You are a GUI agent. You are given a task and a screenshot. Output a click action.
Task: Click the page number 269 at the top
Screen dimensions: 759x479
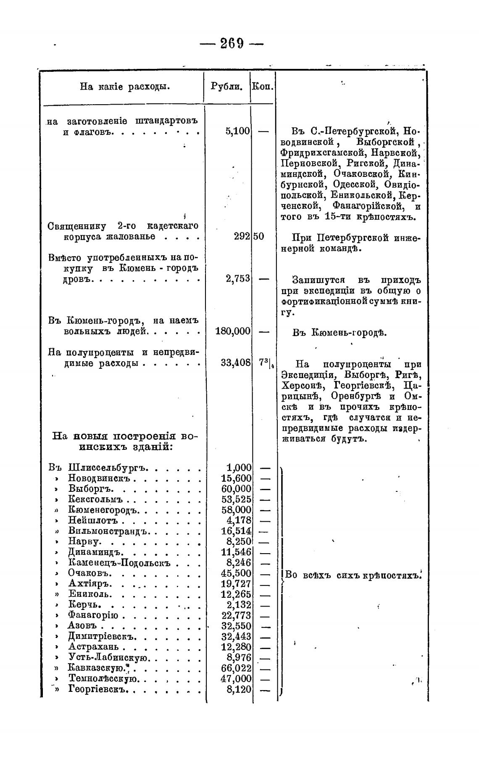232,43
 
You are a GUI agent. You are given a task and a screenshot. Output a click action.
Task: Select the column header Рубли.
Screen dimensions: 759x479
226,87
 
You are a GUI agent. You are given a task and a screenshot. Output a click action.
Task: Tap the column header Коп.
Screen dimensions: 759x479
263,87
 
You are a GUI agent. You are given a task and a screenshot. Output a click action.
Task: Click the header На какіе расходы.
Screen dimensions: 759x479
125,87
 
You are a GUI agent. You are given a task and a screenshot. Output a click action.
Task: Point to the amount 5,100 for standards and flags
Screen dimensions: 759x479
238,131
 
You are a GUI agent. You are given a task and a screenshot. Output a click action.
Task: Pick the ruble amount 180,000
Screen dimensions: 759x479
233,331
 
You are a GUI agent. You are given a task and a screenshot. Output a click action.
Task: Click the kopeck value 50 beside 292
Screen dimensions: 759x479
259,236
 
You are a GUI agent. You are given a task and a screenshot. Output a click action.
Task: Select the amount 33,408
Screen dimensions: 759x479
236,363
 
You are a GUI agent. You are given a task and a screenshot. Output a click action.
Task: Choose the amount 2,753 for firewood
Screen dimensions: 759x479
238,279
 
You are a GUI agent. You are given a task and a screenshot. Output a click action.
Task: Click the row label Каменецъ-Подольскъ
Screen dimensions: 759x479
119,563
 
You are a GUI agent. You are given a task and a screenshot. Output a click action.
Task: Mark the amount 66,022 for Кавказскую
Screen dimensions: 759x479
236,668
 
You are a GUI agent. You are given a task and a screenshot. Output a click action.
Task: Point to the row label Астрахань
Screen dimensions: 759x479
93,647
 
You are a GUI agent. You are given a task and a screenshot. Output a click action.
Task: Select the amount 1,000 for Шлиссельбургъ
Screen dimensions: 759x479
239,468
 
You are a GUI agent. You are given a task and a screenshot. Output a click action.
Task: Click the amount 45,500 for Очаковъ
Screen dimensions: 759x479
236,573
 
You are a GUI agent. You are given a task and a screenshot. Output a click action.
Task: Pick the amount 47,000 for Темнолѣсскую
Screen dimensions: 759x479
236,679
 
